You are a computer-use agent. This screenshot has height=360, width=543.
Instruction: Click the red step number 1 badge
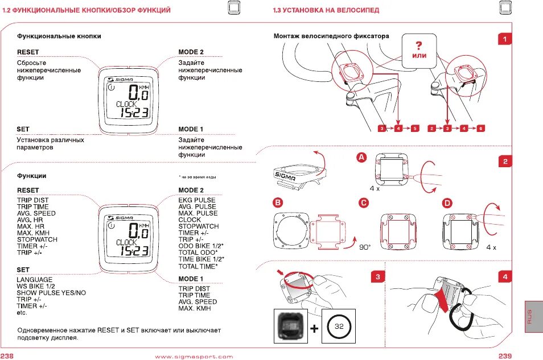click(505, 39)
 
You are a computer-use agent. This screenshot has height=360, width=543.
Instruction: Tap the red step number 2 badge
click(505, 162)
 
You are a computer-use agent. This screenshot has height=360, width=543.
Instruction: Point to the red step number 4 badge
click(505, 277)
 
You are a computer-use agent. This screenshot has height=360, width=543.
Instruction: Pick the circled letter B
click(278, 202)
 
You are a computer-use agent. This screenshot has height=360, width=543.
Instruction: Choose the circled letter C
click(363, 202)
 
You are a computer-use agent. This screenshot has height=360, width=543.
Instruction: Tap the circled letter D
click(447, 202)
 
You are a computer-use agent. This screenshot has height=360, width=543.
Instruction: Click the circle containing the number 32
click(339, 326)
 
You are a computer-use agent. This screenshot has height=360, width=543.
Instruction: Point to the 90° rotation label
click(365, 247)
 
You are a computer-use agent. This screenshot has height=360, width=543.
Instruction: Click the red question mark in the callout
click(419, 45)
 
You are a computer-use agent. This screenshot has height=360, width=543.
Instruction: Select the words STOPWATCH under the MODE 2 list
click(198, 226)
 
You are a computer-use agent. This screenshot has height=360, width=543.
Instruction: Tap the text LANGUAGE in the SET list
click(34, 280)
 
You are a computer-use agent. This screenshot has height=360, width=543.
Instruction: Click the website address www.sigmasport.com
click(194, 357)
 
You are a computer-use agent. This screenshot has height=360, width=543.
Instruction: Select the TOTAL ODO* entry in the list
click(198, 253)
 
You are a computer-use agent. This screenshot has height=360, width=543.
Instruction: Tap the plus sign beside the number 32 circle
click(315, 328)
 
